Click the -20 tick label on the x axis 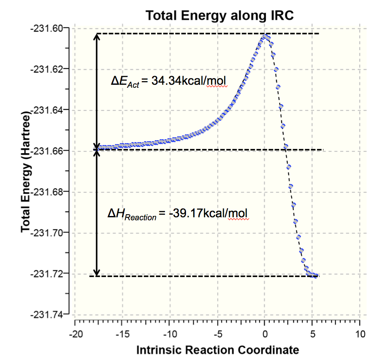pos(76,334)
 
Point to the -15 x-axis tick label pos(123,334)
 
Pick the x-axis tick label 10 pos(360,334)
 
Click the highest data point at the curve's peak pos(265,37)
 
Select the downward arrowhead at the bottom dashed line pos(97,272)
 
